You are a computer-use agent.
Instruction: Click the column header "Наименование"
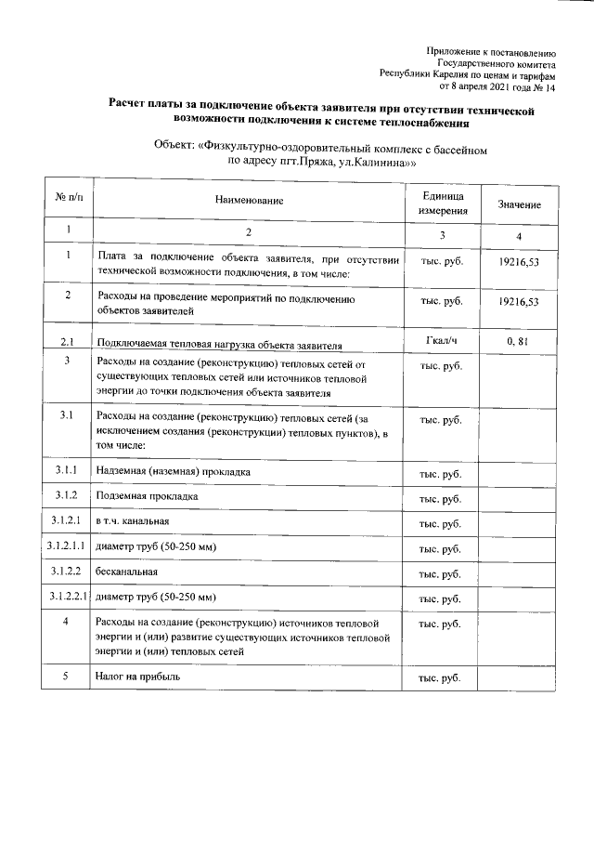coord(249,201)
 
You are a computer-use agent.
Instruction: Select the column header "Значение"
coord(519,204)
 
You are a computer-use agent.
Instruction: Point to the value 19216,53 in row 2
coord(519,301)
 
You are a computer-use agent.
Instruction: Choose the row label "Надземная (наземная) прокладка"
coord(173,473)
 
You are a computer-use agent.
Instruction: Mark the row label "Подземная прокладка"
coord(147,497)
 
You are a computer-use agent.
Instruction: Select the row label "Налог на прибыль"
coord(137,677)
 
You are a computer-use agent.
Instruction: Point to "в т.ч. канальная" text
coord(132,522)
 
